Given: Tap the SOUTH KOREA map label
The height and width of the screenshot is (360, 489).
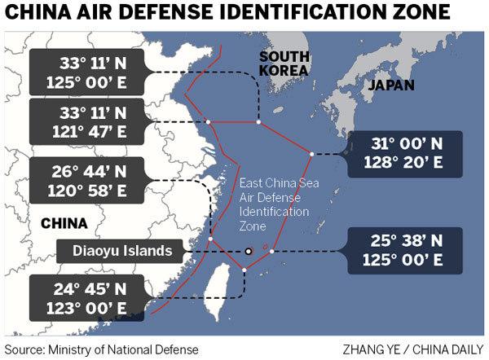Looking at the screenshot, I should click(284, 64).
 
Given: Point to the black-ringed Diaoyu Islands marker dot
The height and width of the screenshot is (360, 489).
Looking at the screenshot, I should click(248, 252).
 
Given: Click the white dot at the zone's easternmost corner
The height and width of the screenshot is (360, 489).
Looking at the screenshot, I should click(311, 154).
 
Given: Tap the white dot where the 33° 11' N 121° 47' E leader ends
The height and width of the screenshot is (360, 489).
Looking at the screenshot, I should click(209, 122).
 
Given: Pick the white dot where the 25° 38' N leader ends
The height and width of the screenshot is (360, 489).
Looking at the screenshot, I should click(272, 251).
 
